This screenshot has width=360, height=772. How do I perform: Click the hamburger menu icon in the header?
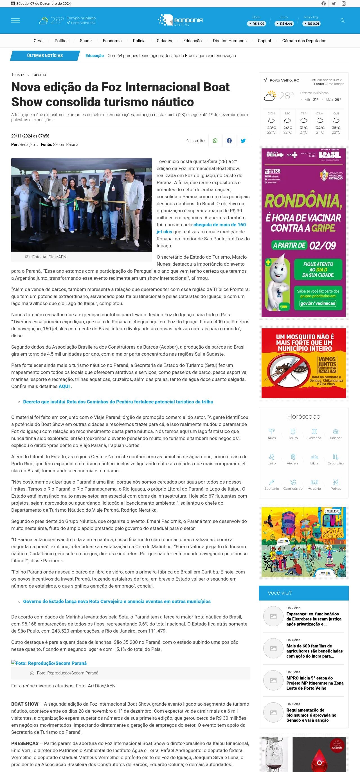click(x=15, y=20)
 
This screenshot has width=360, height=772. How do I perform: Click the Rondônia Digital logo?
click(x=180, y=20)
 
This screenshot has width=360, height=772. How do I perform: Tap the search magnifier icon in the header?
click(x=342, y=20)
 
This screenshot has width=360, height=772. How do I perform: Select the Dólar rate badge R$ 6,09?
click(x=256, y=23)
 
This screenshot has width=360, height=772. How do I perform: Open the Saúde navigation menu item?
click(x=86, y=41)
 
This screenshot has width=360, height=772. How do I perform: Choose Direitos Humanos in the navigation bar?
click(x=229, y=41)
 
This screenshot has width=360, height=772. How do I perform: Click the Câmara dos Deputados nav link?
click(x=304, y=41)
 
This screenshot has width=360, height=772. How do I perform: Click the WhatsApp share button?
click(x=215, y=141)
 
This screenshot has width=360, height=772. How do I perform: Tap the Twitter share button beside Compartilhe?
click(x=243, y=141)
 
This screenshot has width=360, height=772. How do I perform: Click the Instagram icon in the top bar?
click(x=344, y=4)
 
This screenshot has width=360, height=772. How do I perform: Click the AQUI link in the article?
click(x=64, y=386)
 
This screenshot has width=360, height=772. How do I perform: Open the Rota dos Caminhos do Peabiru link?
click(x=118, y=401)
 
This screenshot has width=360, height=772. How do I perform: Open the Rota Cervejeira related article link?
click(x=117, y=601)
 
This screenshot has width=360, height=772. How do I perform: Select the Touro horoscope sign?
click(x=293, y=434)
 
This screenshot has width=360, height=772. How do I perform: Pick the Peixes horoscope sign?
click(x=336, y=484)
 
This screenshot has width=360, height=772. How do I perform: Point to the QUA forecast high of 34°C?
click(x=320, y=128)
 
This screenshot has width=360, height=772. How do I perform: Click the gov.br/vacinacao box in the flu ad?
click(x=318, y=303)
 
